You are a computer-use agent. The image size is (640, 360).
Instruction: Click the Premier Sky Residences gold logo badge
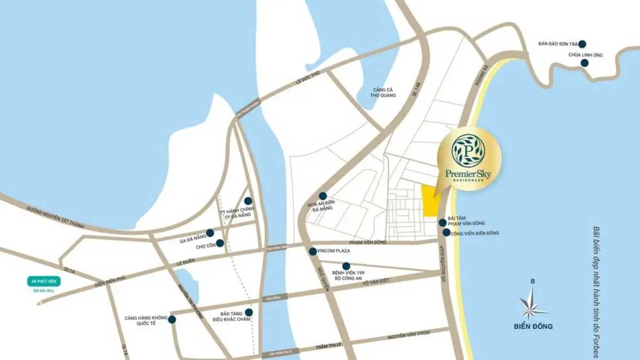(x=468, y=158)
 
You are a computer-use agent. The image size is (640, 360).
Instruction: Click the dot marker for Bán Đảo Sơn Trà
(x=582, y=44)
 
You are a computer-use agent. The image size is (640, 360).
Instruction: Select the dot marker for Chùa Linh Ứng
(x=585, y=63)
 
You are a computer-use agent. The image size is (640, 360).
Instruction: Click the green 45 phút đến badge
(x=44, y=282)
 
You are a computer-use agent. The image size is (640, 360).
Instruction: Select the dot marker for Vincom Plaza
(x=313, y=251)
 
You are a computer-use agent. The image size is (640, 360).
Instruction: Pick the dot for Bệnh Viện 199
(x=346, y=266)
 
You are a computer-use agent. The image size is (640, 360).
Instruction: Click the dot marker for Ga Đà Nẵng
(x=210, y=233)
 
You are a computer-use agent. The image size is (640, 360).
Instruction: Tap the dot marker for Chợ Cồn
(x=220, y=243)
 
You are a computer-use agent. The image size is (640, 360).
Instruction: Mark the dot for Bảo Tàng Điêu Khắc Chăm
(x=249, y=313)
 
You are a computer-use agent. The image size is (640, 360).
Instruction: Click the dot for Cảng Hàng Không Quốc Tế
(x=172, y=319)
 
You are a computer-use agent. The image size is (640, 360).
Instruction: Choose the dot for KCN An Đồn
(x=323, y=196)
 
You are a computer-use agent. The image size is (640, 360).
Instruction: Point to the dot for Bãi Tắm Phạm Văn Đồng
(x=442, y=222)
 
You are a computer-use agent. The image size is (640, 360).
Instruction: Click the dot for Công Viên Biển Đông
(x=446, y=233)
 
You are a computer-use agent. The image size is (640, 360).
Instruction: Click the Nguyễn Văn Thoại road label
(x=409, y=335)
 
